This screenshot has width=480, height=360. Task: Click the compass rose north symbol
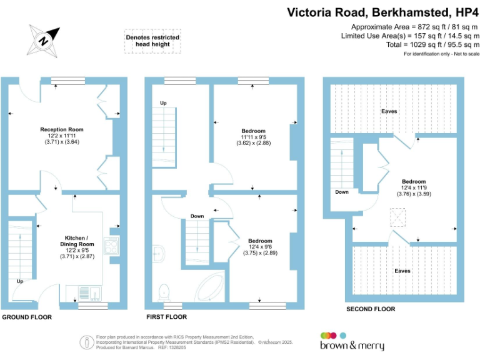pyautogui.click(x=44, y=41)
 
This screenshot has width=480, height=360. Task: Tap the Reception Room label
pyautogui.click(x=62, y=129)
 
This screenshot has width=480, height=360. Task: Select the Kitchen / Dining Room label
pyautogui.click(x=77, y=241)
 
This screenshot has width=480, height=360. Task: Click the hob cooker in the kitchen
pyautogui.click(x=111, y=246)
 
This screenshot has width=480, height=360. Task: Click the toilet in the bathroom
pyautogui.click(x=164, y=292)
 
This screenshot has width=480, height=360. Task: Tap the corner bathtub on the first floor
pyautogui.click(x=210, y=287)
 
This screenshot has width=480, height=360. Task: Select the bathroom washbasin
pyautogui.click(x=158, y=254)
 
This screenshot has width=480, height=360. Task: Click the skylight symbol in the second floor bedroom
pyautogui.click(x=397, y=217)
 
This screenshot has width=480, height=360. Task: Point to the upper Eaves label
pyautogui.click(x=389, y=111)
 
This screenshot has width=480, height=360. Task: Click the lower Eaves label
pyautogui.click(x=402, y=271)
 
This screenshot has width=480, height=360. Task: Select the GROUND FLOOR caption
pyautogui.click(x=27, y=317)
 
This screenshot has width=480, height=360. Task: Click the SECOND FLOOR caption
pyautogui.click(x=371, y=309)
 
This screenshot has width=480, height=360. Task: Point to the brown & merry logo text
pyautogui.click(x=352, y=345)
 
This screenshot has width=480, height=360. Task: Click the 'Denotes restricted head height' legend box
pyautogui.click(x=152, y=41)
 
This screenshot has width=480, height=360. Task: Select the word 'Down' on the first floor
pyautogui.click(x=197, y=216)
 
